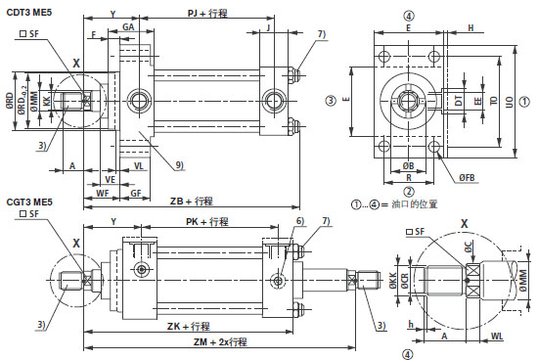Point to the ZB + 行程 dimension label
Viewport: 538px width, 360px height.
click(191, 201)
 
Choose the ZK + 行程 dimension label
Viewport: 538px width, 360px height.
click(190, 325)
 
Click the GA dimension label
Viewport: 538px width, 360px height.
click(128, 28)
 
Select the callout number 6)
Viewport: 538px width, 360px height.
click(300, 222)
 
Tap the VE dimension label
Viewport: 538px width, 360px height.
click(112, 180)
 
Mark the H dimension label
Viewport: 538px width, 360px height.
click(471, 28)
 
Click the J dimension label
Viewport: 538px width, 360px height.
click(268, 28)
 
